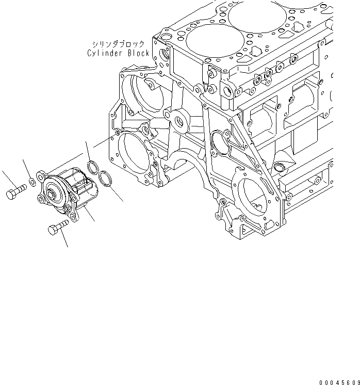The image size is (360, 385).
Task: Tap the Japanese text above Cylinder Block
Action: coord(118,44)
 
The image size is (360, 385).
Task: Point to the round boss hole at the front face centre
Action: coord(180,122)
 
